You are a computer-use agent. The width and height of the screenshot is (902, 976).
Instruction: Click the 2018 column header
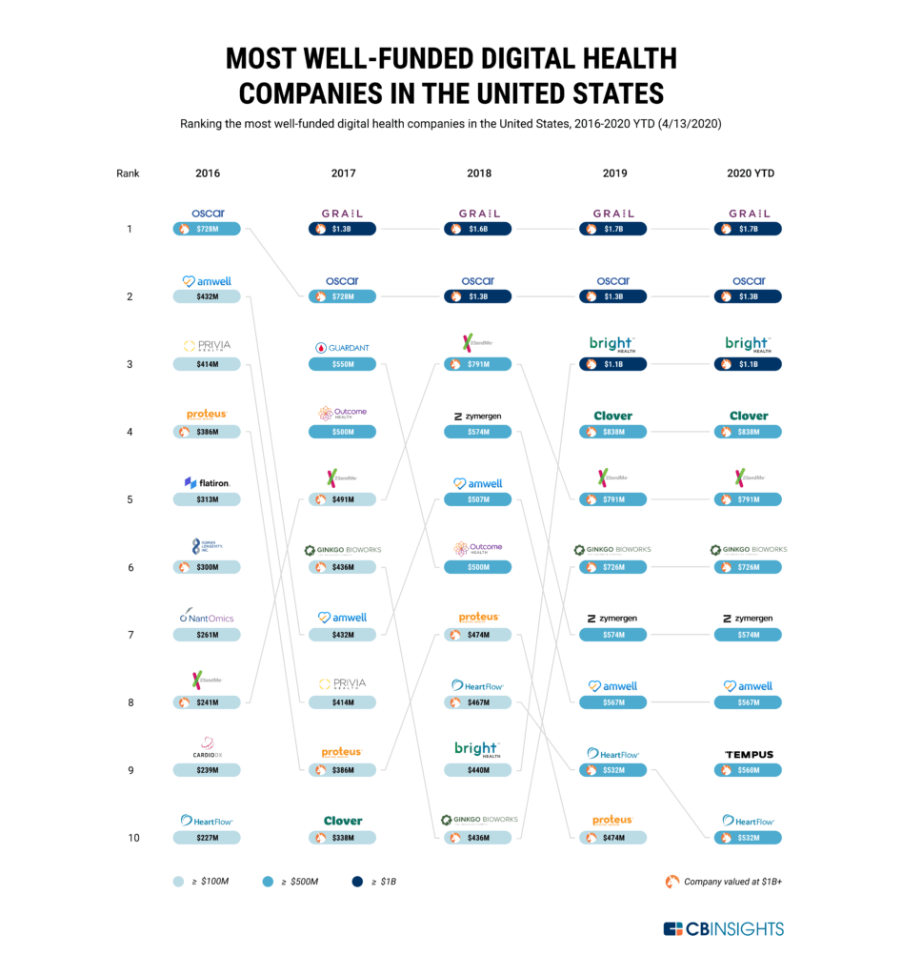477,173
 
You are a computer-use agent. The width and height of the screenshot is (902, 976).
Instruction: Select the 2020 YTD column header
748,173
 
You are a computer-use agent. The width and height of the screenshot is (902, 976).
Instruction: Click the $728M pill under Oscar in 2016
207,229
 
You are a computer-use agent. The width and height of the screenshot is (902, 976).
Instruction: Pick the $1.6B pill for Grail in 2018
477,229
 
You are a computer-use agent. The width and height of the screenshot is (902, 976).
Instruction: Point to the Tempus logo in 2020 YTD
748,754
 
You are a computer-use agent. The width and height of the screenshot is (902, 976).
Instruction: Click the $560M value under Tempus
748,770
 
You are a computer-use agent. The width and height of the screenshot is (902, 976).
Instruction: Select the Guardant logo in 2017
342,348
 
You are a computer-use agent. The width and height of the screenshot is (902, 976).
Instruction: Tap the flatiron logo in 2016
207,483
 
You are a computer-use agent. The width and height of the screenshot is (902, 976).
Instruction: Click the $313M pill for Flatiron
207,499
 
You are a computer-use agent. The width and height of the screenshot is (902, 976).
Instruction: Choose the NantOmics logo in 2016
207,619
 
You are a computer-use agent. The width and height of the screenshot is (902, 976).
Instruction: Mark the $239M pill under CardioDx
207,770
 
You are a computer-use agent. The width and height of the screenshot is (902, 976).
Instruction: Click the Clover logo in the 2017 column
342,821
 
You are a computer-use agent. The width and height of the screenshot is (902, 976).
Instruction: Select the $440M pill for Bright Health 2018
477,770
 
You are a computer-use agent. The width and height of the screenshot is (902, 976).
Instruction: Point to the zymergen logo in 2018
477,417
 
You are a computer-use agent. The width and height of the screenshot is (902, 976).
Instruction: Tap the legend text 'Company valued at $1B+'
732,882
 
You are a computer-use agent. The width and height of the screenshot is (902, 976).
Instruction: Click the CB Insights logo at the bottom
723,929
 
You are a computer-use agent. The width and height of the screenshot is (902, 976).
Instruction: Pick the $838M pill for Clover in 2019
612,432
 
